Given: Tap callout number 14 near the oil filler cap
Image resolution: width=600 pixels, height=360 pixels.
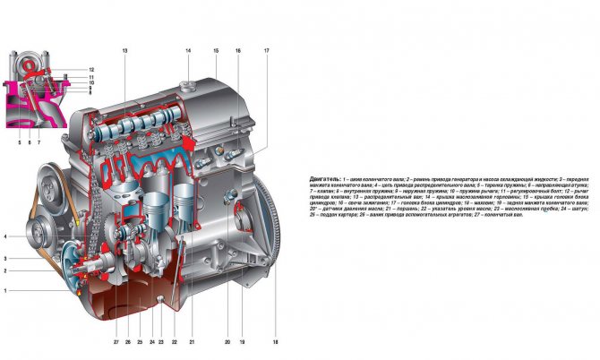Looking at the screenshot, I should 188,51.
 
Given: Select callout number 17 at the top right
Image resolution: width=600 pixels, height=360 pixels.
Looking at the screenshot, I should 266,51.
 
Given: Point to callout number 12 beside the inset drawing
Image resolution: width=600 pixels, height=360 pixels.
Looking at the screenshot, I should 91,69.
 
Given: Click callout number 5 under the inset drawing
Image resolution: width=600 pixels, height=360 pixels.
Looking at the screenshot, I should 18,141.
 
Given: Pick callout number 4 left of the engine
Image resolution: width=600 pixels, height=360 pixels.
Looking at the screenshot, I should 5,236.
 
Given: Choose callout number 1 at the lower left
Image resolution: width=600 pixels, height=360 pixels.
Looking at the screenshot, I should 5,290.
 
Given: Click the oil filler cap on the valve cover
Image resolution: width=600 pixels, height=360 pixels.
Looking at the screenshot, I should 187,86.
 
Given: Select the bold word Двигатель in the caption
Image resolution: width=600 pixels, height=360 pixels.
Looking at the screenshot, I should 324,179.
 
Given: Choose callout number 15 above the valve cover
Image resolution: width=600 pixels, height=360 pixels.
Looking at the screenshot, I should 216,51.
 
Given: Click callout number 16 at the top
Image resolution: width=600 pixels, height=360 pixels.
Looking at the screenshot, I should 238,51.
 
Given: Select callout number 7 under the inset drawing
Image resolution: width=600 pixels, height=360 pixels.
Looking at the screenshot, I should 39,141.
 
